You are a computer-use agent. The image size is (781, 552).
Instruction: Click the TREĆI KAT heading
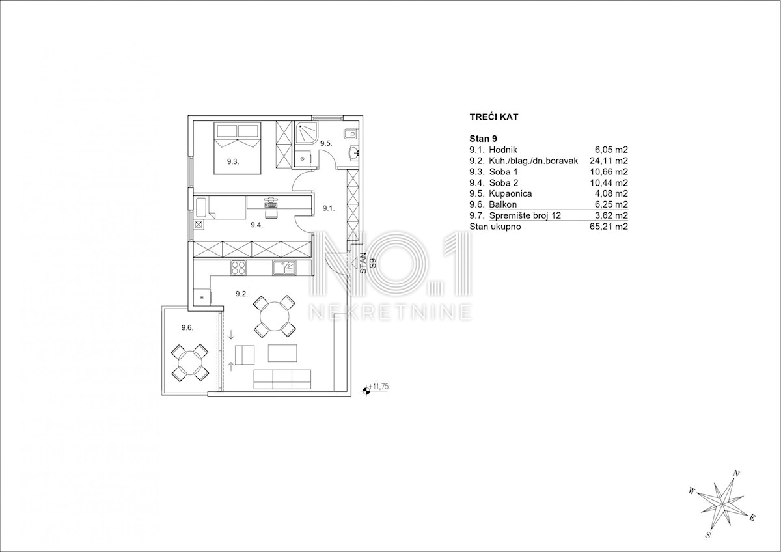[494, 117]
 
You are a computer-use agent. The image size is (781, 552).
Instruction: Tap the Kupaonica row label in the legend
[510, 193]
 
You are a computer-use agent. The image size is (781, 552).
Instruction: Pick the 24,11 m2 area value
[609, 161]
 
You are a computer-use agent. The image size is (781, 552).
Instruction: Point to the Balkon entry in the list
[502, 204]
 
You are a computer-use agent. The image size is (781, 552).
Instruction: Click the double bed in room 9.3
[238, 148]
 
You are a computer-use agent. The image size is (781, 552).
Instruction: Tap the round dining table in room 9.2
[275, 316]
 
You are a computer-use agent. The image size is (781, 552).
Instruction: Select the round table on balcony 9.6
[189, 363]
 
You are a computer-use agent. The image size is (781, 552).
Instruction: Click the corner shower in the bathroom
[306, 134]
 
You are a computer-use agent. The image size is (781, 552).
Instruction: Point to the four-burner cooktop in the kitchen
[238, 268]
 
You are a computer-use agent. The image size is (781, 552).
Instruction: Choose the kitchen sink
[285, 268]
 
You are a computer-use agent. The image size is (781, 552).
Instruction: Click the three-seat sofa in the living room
[282, 379]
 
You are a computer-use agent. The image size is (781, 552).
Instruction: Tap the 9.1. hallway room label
[329, 208]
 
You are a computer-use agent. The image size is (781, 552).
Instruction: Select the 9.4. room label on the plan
[256, 225]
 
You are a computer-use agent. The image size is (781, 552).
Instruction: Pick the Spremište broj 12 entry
[525, 215]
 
